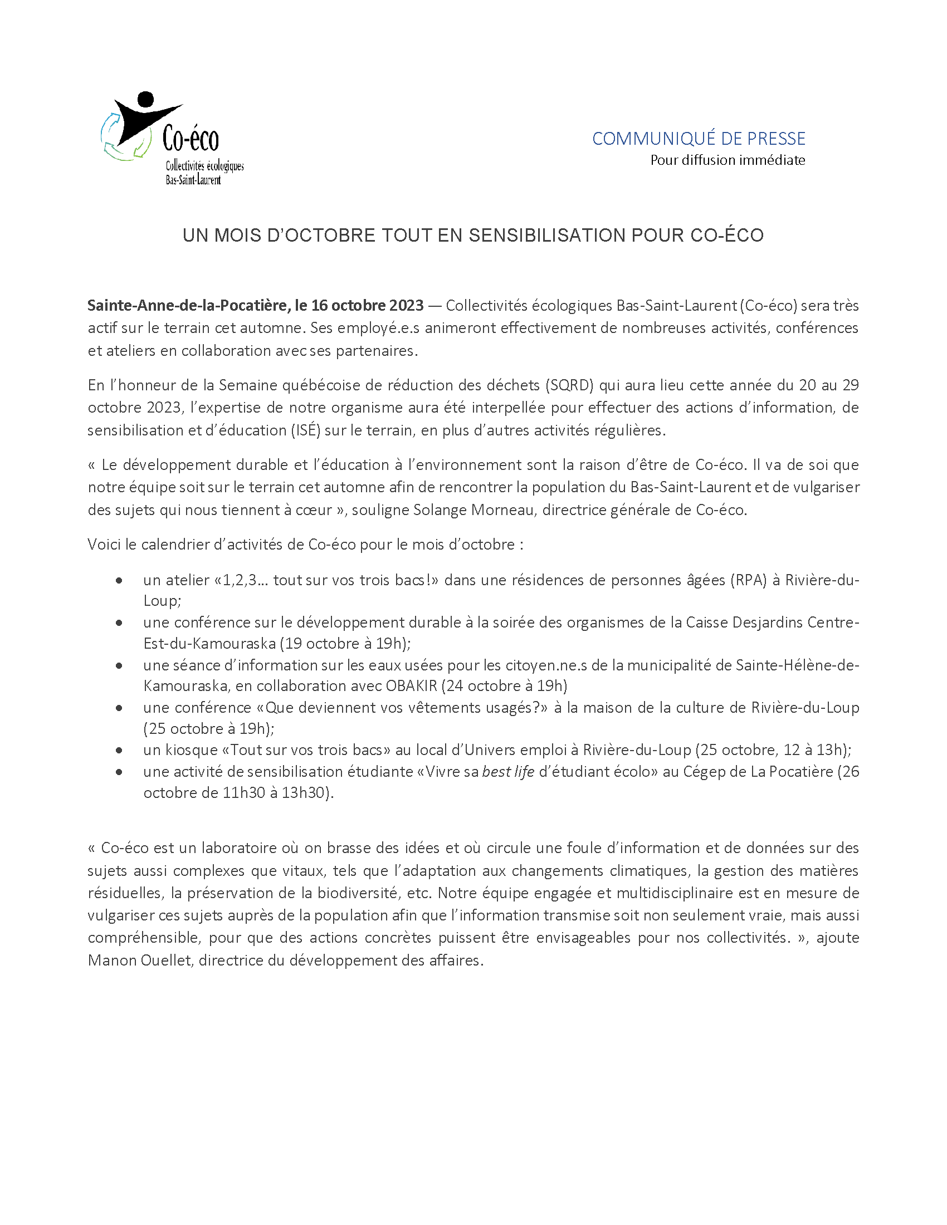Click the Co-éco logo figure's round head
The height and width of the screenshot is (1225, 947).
tap(145, 99)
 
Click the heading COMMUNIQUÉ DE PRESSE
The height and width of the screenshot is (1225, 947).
tap(699, 139)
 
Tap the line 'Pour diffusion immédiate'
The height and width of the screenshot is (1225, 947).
tap(727, 160)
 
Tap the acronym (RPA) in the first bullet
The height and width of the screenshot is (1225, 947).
tap(748, 580)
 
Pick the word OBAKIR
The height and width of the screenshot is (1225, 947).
tap(411, 686)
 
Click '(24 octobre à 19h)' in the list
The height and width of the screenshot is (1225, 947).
tap(504, 686)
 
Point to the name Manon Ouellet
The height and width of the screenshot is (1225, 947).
tap(140, 961)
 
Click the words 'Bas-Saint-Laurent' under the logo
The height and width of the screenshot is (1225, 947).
tap(193, 180)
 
